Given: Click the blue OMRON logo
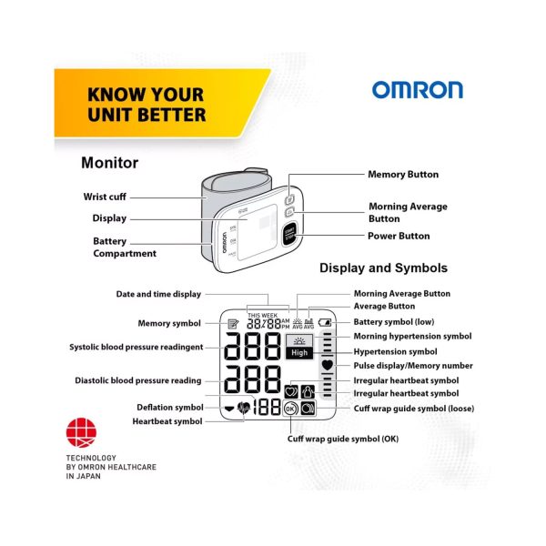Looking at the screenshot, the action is pos(418,90).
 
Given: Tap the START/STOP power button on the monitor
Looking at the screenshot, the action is pos(289,234).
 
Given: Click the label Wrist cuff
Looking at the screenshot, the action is pos(105,197).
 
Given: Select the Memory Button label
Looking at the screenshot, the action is pos(403,175).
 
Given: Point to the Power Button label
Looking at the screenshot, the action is pos(399,236).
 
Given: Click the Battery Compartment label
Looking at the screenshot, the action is pos(125,248).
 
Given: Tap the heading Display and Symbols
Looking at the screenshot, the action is pos(383,268).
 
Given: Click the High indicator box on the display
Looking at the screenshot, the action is pos(299,353).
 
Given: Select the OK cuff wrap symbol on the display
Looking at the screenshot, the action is pos(290,409).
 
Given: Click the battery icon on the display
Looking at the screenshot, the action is pos(325,322).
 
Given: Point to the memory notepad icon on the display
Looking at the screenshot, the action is pos(233,324).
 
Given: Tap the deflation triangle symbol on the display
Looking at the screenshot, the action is pos(229,409).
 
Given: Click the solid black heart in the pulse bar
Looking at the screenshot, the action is pos(328,365).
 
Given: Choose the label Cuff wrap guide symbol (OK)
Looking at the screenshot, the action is pos(343,439).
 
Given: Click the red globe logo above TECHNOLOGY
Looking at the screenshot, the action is pos(81,432).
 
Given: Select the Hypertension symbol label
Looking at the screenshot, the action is pos(395,351).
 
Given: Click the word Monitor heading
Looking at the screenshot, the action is pos(110,163).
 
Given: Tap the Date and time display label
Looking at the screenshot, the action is pos(158,294).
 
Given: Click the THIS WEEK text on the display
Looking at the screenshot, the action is pos(263,316).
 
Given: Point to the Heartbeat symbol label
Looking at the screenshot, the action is pos(167,421).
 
